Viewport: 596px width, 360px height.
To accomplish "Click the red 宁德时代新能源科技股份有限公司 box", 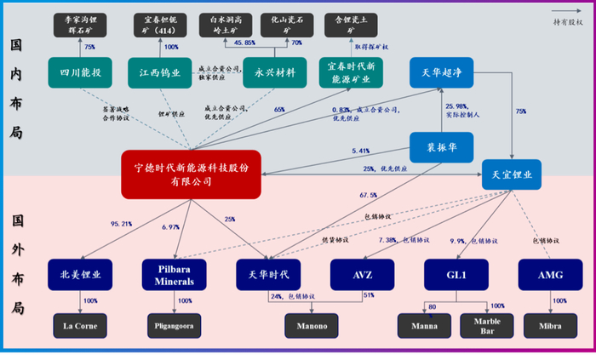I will (191, 174).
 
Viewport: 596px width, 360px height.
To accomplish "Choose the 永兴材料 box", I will (269, 72).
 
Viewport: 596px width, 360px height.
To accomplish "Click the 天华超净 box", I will (442, 72).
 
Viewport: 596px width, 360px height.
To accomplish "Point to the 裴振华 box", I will (442, 146).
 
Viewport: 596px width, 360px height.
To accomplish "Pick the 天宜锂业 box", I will (512, 174).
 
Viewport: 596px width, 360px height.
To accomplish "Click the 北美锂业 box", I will (81, 274).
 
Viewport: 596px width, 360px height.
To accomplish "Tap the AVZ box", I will (363, 274).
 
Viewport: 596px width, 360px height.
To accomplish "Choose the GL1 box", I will (456, 274).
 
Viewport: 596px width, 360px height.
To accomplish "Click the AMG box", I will (550, 274).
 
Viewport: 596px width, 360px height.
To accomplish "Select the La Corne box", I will (81, 326).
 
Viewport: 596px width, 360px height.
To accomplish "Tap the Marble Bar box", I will (488, 326).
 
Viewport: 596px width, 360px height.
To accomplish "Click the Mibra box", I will (550, 326).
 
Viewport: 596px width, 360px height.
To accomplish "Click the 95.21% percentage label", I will (121, 224).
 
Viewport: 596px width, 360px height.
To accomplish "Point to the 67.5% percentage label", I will (368, 195).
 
